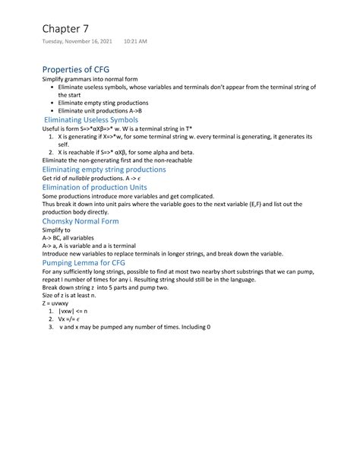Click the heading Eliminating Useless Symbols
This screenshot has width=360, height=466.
(x=91, y=119)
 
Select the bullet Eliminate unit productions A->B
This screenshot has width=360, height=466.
(x=100, y=110)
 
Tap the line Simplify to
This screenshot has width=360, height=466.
(x=57, y=230)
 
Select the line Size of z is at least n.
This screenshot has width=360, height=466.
(x=73, y=296)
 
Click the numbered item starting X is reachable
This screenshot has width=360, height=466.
(x=122, y=152)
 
